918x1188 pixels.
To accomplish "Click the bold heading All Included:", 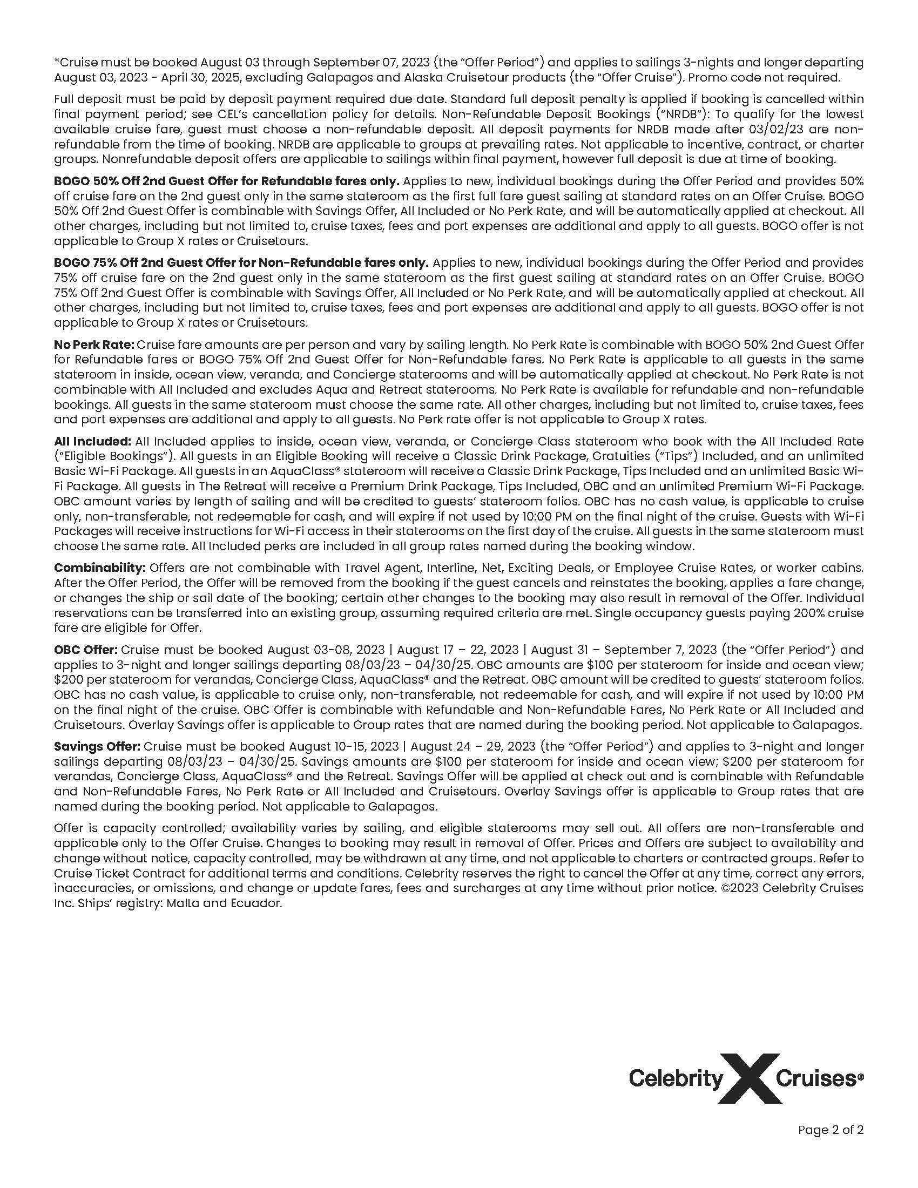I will [92, 441].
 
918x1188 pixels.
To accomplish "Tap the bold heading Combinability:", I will [100, 568].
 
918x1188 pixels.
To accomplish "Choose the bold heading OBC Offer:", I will [86, 650].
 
